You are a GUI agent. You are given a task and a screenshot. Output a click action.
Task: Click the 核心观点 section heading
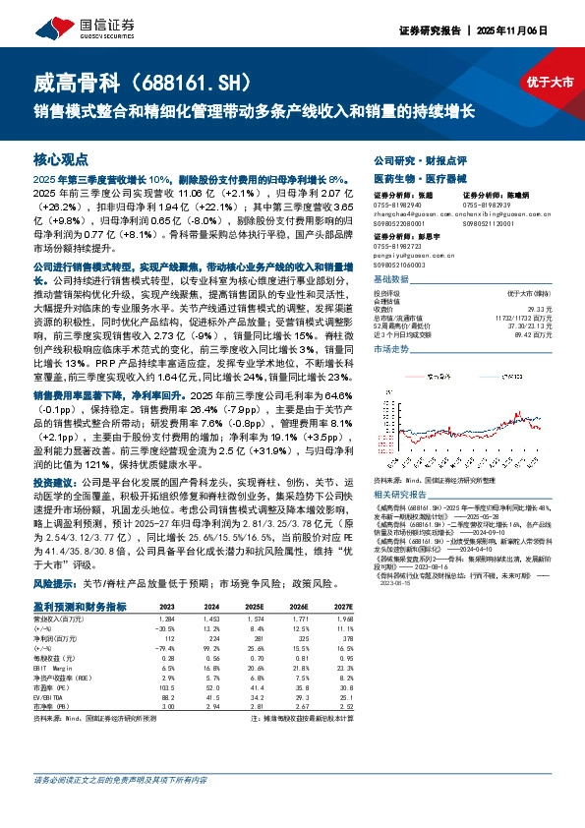click(61, 158)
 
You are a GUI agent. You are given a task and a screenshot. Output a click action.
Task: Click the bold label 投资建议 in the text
click(53, 511)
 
